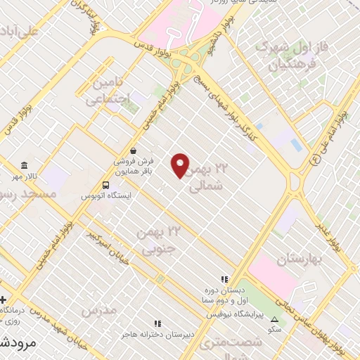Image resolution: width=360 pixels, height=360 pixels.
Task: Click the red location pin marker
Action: [181, 165]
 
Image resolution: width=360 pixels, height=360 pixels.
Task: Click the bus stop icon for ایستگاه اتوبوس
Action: [105, 187]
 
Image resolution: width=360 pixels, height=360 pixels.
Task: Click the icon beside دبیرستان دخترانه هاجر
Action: [158, 324]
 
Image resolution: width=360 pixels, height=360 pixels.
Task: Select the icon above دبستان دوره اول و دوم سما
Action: [224, 278]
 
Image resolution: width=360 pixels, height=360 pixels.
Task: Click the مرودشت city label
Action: [14, 343]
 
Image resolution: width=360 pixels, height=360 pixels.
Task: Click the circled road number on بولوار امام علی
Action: [314, 160]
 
